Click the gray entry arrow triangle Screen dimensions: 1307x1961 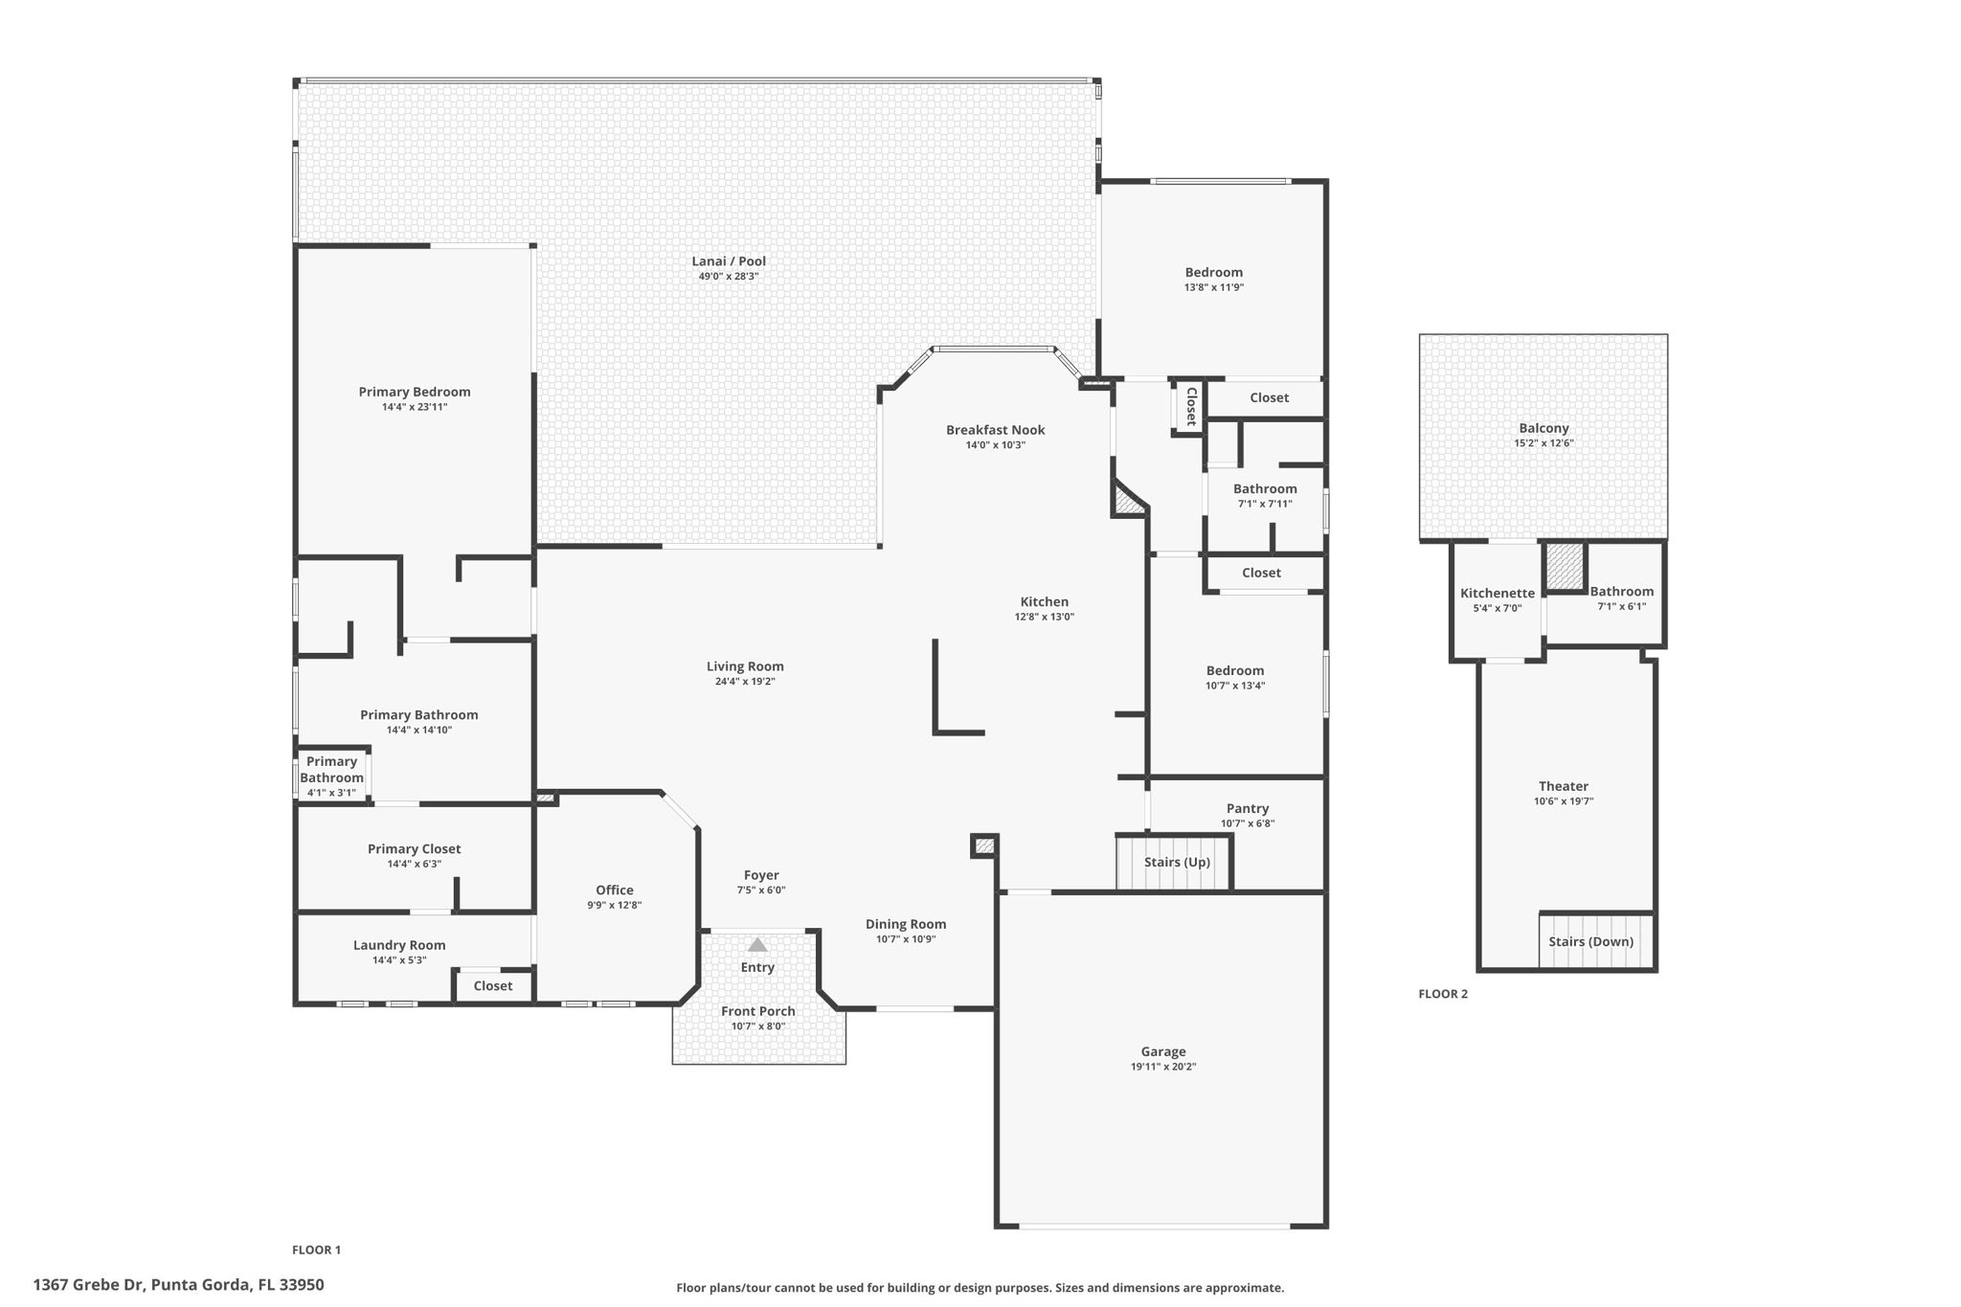(x=757, y=944)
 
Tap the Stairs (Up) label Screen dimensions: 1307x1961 (x=1177, y=862)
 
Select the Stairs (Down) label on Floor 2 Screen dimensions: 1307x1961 (x=1590, y=941)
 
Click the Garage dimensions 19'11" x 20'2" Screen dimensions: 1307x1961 (x=1162, y=1067)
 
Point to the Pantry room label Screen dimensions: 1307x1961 (x=1247, y=808)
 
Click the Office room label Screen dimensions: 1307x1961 (x=614, y=890)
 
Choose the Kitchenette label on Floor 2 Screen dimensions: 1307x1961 (x=1497, y=593)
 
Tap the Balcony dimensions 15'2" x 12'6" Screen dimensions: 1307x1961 (x=1544, y=443)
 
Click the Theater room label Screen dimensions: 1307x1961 (x=1563, y=786)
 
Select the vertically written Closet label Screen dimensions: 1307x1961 (x=1190, y=406)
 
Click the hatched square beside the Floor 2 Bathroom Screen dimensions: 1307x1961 (x=1566, y=567)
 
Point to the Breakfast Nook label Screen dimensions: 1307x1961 (x=995, y=430)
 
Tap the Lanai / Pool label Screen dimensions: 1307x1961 (x=729, y=260)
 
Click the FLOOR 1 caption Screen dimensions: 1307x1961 (x=316, y=1250)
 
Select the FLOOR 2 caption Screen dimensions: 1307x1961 (x=1442, y=994)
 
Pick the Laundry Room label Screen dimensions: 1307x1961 (x=399, y=945)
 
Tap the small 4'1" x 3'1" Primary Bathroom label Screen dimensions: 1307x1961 (x=331, y=777)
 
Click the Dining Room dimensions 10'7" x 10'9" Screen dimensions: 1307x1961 (x=905, y=939)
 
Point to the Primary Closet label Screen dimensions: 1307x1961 (x=414, y=848)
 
